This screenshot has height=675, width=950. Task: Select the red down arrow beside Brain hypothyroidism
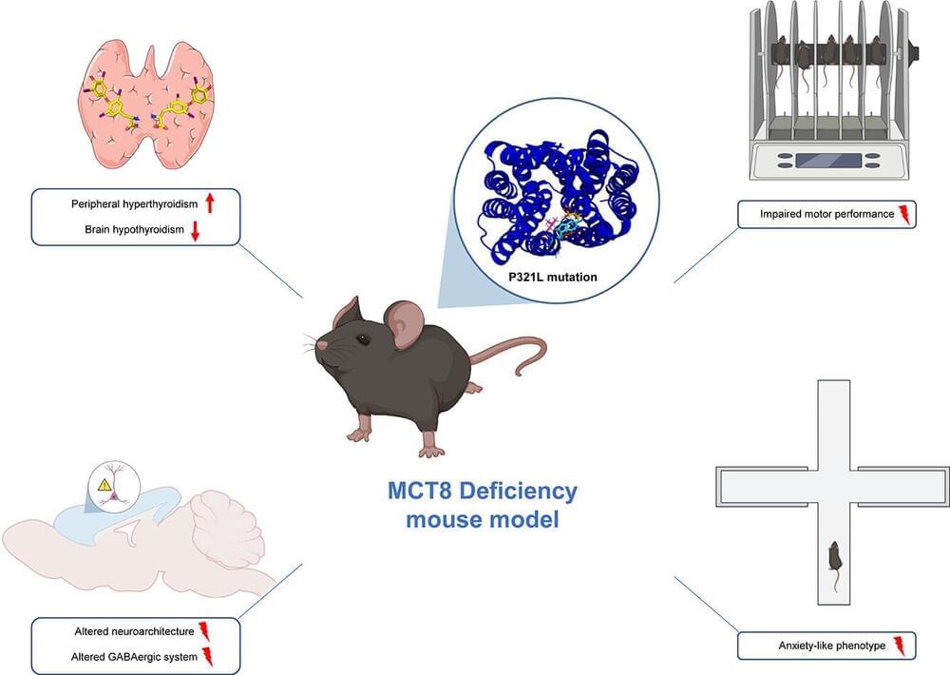coord(195,230)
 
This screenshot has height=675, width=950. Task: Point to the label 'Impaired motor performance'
coord(818,214)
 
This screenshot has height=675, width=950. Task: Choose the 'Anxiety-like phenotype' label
coord(817,646)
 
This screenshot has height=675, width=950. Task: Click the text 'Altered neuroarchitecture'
coord(134,630)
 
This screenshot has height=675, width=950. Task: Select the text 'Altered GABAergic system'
coord(132,657)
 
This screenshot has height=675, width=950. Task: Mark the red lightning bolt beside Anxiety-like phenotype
coord(899,646)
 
